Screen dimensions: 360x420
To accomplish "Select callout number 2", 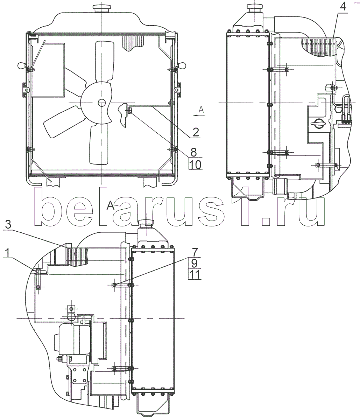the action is (x=196, y=132).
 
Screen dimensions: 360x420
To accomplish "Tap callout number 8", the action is (x=193, y=152).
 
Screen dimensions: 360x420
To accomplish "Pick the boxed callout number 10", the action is (x=195, y=164).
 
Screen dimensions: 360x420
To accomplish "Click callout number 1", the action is (x=7, y=253).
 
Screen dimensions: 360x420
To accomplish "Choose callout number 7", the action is (x=194, y=252).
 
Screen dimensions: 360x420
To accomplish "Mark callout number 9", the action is (x=194, y=264).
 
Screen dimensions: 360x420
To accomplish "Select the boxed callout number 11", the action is (x=195, y=275).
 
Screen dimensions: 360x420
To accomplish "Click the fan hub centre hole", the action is (x=101, y=103).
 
